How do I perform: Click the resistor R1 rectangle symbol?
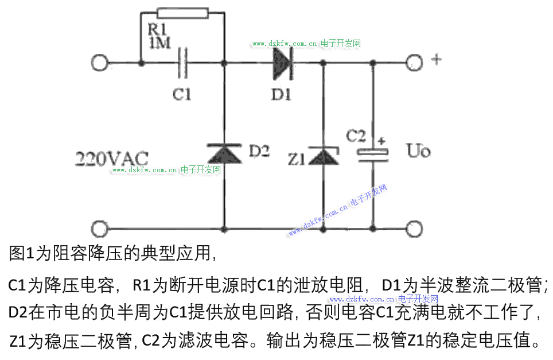tap(182, 13)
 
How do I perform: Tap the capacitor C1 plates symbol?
tap(182, 64)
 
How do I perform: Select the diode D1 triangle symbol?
tap(283, 64)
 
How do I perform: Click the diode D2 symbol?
tap(224, 153)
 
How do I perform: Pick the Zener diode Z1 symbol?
tap(324, 156)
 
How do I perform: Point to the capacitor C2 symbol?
tap(373, 155)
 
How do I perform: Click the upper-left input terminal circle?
tap(99, 63)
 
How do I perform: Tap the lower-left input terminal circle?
tap(99, 229)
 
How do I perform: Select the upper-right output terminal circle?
tap(414, 63)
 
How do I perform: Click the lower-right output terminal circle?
tap(414, 229)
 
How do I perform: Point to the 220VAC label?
tap(112, 158)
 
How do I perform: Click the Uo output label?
tap(419, 150)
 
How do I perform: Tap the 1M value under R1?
tap(160, 43)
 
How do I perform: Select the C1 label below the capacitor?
tap(182, 94)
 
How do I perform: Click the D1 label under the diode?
tap(281, 94)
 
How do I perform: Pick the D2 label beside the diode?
tap(259, 151)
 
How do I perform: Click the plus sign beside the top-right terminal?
tap(437, 59)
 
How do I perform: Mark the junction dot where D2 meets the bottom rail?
tap(224, 229)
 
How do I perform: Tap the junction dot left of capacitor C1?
tap(141, 64)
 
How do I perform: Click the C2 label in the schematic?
tap(356, 136)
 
